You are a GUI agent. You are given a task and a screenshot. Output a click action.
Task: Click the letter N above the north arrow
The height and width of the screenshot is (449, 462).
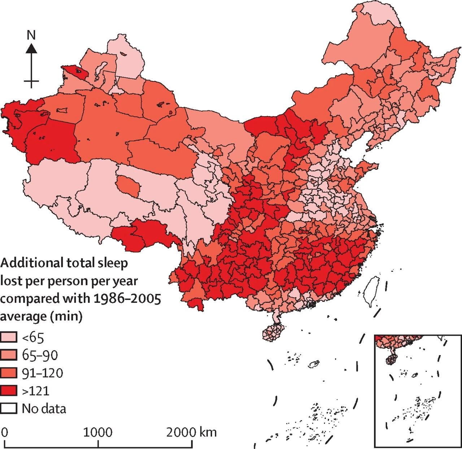(31, 35)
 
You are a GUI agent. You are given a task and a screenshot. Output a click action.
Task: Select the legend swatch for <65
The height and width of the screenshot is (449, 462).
(9, 337)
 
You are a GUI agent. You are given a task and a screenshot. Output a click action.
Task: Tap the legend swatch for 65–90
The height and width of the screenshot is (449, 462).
(9, 355)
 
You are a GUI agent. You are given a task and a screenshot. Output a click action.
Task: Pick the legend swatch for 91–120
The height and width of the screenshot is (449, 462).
(9, 373)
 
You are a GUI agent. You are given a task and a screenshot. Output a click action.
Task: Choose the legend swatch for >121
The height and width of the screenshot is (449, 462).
(9, 391)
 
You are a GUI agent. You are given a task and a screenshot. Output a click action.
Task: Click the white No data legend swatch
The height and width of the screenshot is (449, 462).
(9, 409)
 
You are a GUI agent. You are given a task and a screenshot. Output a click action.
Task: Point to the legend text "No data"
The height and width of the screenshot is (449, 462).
(44, 409)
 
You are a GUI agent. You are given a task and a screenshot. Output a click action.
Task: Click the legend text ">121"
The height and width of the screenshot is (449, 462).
(36, 391)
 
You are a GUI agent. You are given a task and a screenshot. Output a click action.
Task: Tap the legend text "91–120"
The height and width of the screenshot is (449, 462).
(43, 373)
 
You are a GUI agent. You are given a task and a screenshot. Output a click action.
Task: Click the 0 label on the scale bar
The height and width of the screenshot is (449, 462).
(4, 432)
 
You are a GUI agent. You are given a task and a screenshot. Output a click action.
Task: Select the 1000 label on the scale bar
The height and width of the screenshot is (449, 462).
(98, 432)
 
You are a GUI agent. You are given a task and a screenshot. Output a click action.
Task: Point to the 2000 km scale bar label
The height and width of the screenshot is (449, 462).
(191, 432)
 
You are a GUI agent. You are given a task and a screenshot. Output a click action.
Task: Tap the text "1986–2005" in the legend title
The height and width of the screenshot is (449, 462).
(127, 299)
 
